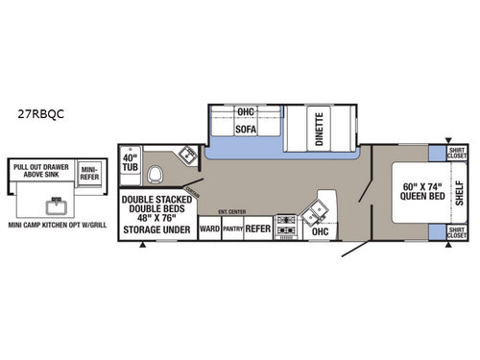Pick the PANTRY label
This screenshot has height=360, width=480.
(x=233, y=230)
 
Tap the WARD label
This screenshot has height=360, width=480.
(x=209, y=230)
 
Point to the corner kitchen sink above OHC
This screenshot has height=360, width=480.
(x=318, y=210)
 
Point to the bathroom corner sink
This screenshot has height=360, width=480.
(x=182, y=157)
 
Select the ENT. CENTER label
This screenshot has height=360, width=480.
(x=231, y=211)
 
